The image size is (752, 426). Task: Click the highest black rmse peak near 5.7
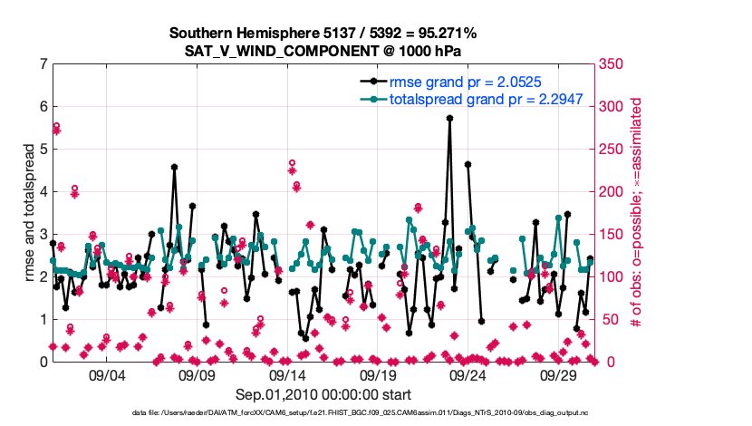click(449, 118)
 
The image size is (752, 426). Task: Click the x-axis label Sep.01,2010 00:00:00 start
click(323, 394)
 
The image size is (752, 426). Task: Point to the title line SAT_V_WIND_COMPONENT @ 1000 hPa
click(323, 51)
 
